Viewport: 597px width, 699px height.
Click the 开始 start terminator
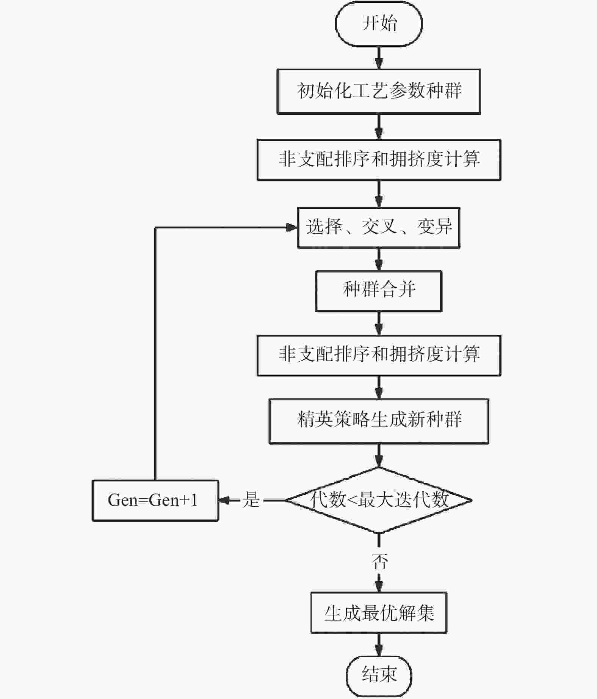tap(379, 24)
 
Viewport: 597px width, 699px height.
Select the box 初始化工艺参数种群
tap(379, 91)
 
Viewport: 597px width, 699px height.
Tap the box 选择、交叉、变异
tap(379, 228)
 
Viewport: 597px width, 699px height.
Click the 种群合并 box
tap(379, 291)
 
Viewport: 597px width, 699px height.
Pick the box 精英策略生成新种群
tap(379, 421)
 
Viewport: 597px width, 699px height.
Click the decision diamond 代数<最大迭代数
tap(379, 500)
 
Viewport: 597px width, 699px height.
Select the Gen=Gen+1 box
tap(155, 501)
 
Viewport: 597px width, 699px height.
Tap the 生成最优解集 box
tap(379, 613)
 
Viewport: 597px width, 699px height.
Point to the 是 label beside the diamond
tap(251, 500)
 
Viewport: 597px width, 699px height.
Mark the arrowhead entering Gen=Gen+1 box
tap(224, 501)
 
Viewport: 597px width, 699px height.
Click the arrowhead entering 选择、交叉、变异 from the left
tap(292, 227)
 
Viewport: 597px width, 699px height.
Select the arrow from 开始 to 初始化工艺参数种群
tap(379, 58)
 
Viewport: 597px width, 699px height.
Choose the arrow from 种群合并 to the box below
tap(379, 323)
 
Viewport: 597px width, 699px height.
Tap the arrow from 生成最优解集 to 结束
tap(379, 645)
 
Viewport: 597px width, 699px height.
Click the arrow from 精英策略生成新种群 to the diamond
tap(379, 455)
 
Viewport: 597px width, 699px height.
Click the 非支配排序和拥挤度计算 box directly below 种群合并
tap(379, 356)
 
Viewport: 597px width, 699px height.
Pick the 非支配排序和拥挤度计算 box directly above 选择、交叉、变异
tap(379, 160)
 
